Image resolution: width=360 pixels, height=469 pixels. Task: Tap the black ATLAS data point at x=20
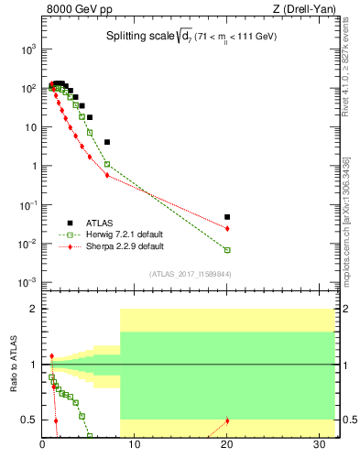pyautogui.click(x=227, y=217)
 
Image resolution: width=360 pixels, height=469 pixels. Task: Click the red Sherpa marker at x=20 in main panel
pyautogui.click(x=227, y=228)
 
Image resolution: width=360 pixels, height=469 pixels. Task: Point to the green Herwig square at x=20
pyautogui.click(x=227, y=249)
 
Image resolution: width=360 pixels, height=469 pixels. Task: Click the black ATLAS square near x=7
pyautogui.click(x=107, y=142)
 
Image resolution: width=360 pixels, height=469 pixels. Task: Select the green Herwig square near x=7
pyautogui.click(x=107, y=164)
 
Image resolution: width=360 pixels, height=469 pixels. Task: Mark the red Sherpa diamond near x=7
pyautogui.click(x=107, y=175)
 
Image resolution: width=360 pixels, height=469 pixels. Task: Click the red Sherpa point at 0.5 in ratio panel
pyautogui.click(x=227, y=420)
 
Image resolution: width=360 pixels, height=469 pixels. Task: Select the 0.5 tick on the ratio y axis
pyautogui.click(x=31, y=420)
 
